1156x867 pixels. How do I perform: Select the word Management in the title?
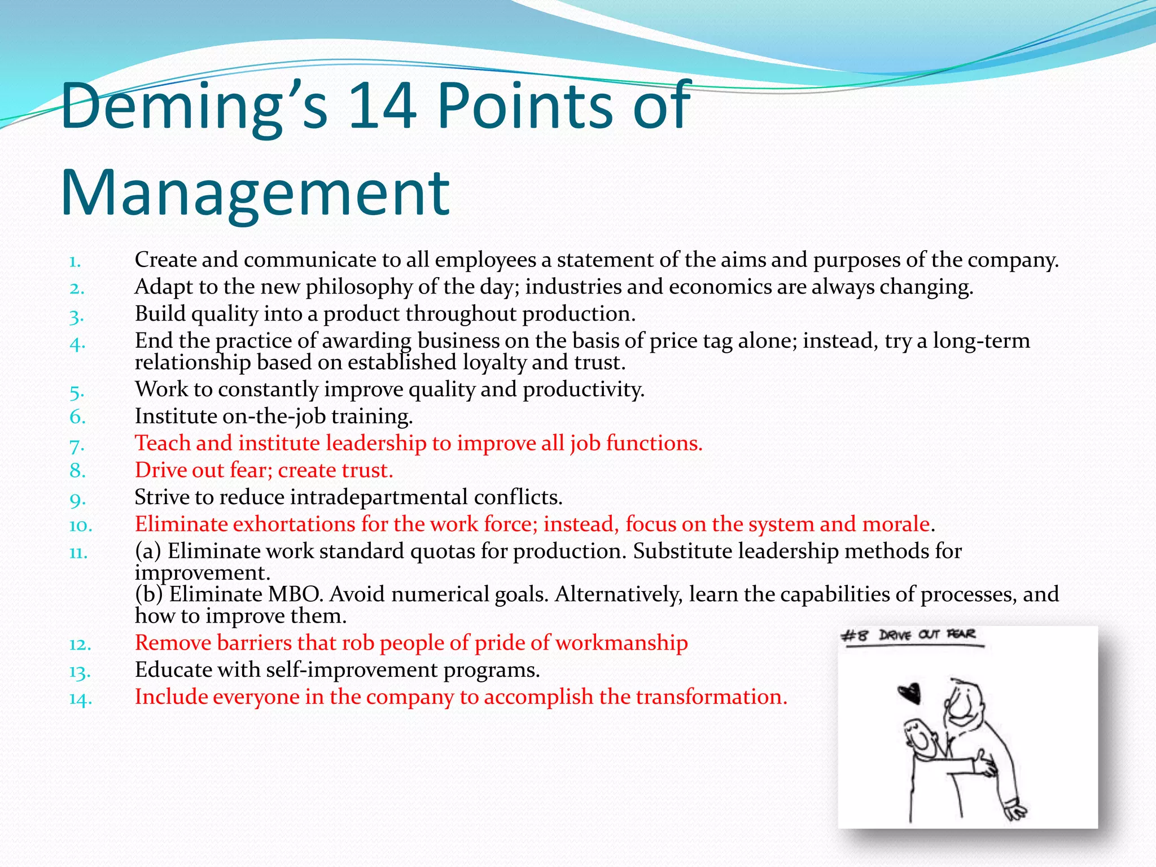coord(255,193)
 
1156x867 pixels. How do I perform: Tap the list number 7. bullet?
coord(77,445)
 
